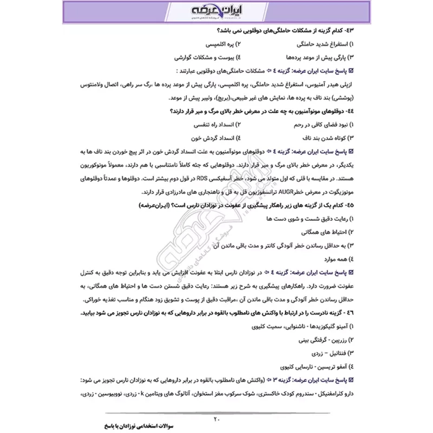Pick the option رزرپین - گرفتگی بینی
coord(317,340)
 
